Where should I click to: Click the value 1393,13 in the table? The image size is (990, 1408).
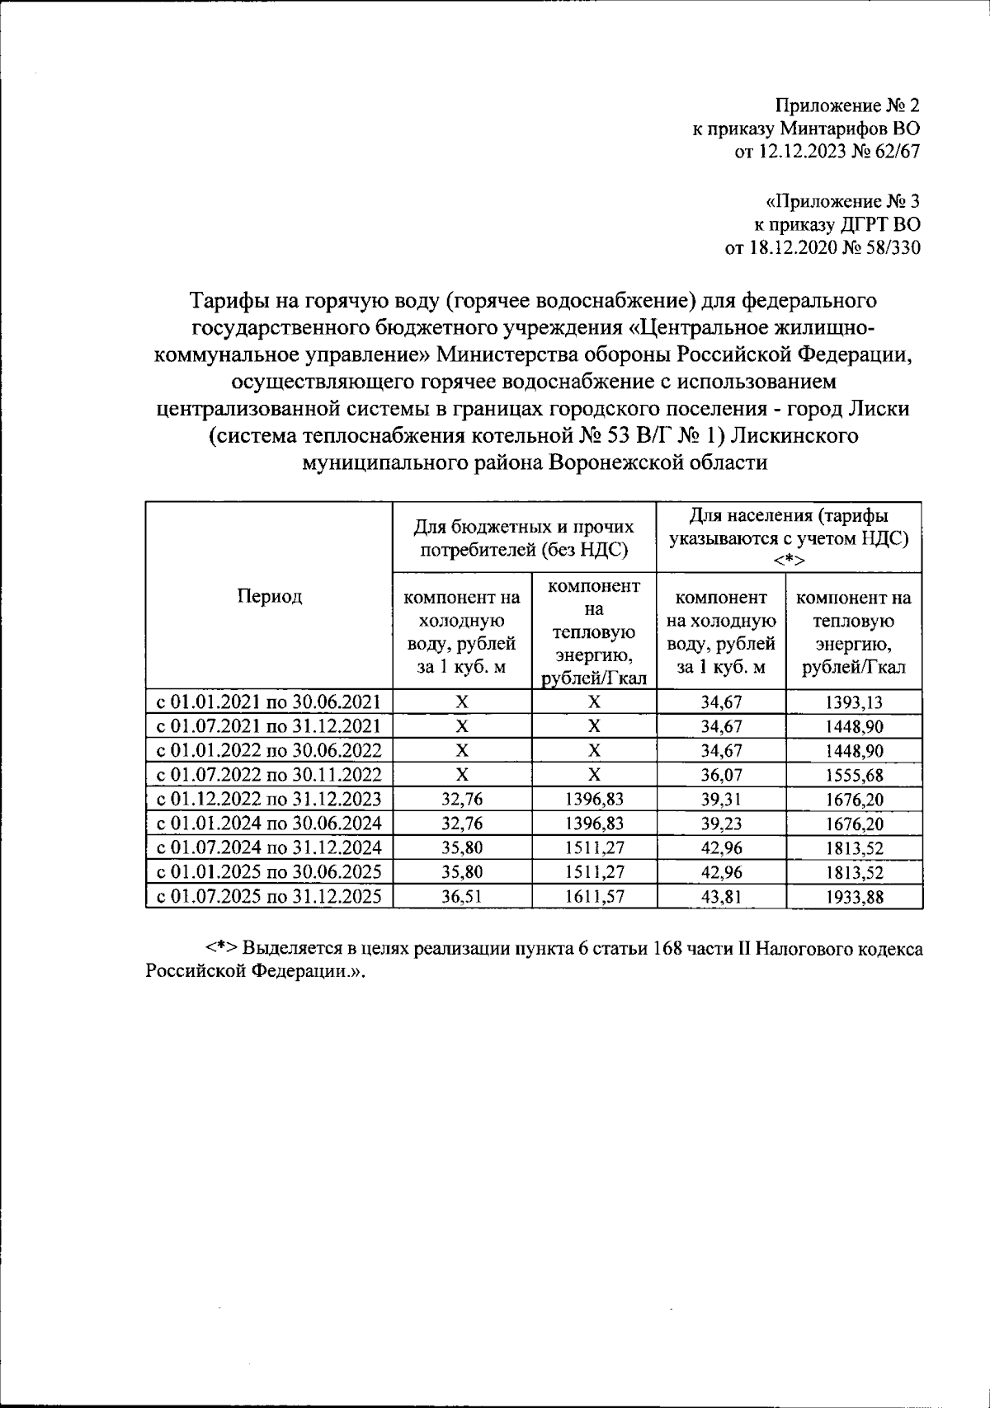tap(854, 702)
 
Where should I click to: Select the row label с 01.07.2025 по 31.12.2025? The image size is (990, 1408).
tap(269, 896)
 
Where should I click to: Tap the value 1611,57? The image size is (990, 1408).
tap(594, 897)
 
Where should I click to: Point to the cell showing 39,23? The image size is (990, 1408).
tap(722, 824)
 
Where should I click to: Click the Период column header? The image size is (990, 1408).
tap(269, 596)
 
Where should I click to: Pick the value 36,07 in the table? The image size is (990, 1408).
tap(722, 775)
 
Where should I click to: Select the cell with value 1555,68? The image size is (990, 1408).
tap(854, 775)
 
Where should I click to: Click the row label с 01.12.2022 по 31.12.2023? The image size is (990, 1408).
tap(269, 799)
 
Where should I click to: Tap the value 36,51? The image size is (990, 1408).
tap(462, 897)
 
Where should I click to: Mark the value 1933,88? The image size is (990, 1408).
tap(854, 897)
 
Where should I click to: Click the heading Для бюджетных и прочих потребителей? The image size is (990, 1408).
tap(524, 537)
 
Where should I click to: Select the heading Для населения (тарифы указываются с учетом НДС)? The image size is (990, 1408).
tap(789, 528)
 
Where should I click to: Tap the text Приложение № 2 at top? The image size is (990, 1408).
tap(846, 106)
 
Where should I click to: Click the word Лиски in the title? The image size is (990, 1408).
tap(881, 408)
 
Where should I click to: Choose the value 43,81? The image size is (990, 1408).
tap(722, 897)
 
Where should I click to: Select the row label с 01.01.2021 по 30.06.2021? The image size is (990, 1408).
tap(269, 702)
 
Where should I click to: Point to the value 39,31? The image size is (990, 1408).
tap(722, 799)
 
